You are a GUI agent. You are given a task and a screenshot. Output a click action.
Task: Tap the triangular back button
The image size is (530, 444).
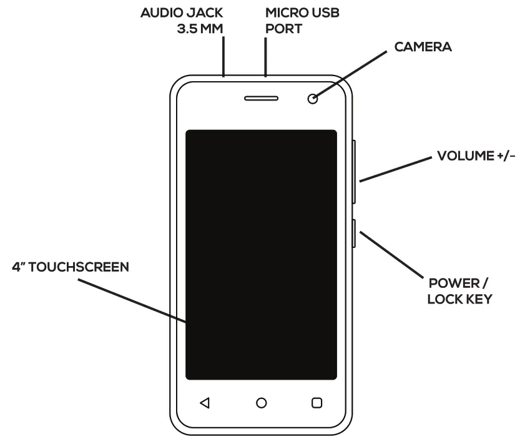[204, 403]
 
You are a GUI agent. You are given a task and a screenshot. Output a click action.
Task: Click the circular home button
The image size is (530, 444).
[262, 403]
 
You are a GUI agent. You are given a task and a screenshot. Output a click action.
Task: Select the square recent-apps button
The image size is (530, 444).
[317, 403]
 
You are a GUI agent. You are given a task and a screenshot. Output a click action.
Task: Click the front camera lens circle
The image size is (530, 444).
[312, 99]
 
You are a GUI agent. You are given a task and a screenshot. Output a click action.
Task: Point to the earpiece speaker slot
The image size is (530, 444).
[262, 99]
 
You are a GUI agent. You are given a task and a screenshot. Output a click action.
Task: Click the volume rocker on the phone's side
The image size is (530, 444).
[355, 171]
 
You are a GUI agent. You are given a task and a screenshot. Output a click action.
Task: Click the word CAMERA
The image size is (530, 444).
[423, 47]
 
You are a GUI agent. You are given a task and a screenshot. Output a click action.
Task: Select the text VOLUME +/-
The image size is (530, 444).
[476, 155]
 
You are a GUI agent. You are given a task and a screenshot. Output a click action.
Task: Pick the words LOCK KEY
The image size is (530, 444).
[459, 299]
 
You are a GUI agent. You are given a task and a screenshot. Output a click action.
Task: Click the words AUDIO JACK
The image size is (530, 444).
[182, 12]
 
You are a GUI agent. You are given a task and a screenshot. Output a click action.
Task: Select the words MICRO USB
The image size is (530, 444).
[303, 12]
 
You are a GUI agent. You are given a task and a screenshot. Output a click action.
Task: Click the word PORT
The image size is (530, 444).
[284, 29]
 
